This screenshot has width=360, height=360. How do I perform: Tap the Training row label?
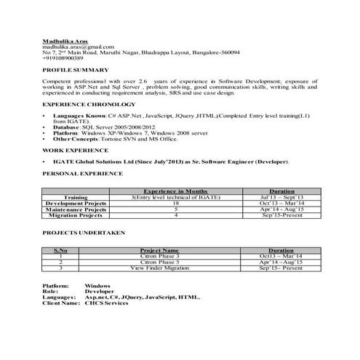(76, 197)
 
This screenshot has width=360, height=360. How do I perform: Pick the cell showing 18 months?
(175, 203)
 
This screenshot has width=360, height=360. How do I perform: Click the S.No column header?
(61, 249)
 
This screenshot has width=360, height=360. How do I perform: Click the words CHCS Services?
(106, 303)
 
